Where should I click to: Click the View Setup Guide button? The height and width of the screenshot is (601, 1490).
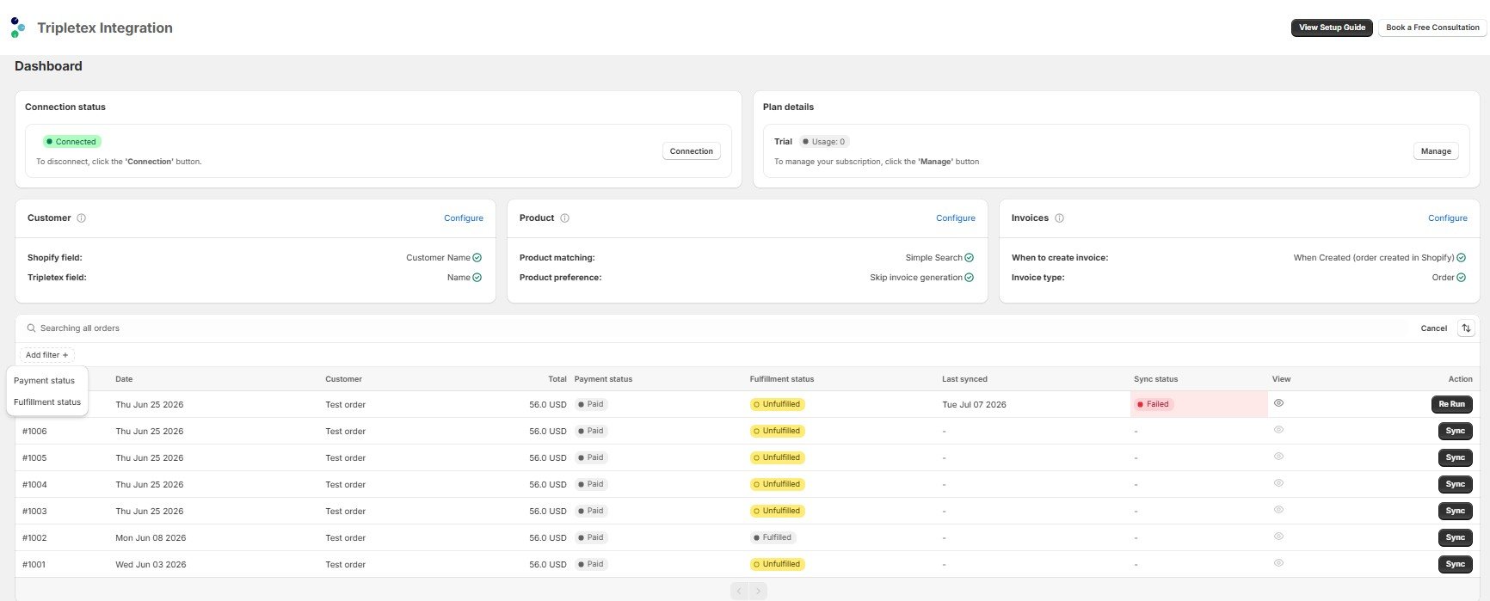pos(1332,28)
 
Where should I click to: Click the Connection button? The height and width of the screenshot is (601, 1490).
pos(692,151)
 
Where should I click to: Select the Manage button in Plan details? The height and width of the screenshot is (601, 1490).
pos(1436,151)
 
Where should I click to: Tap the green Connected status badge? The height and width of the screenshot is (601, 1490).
pos(73,142)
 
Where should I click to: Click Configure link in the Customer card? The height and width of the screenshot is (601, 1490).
pos(464,218)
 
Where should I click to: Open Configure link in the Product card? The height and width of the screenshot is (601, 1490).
pos(956,218)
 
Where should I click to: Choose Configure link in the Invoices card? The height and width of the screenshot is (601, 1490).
pos(1448,218)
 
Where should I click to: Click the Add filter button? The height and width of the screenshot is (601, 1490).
pos(47,355)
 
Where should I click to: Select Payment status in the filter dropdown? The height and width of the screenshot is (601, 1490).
pos(45,381)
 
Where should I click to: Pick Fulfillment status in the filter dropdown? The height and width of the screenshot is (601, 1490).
pos(47,402)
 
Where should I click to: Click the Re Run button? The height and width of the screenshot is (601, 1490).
pos(1452,404)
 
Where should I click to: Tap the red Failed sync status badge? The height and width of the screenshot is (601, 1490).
pos(1153,404)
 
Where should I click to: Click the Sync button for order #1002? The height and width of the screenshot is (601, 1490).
pos(1456,537)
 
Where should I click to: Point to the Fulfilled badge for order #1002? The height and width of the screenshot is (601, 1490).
pos(773,537)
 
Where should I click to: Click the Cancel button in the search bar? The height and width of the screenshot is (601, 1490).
pos(1434,328)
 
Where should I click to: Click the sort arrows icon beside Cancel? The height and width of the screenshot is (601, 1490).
pos(1467,328)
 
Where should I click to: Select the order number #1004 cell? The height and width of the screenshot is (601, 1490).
pos(35,485)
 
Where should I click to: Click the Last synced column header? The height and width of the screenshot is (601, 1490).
pos(964,379)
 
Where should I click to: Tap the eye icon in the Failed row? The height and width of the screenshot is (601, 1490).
pos(1279,403)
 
